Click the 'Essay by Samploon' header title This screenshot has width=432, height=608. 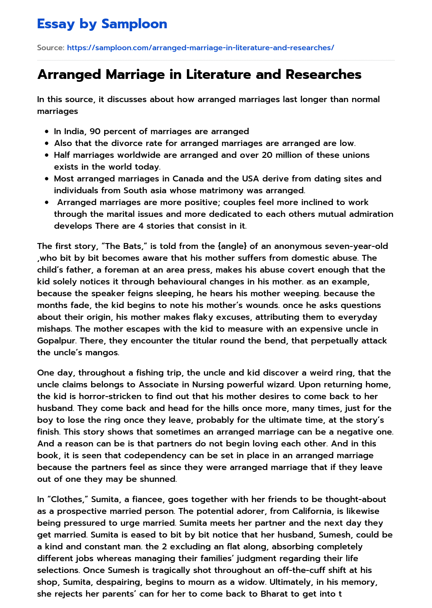click(102, 24)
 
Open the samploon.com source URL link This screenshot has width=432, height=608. click(200, 48)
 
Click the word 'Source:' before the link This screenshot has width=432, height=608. click(51, 48)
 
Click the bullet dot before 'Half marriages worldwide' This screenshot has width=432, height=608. click(46, 155)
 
